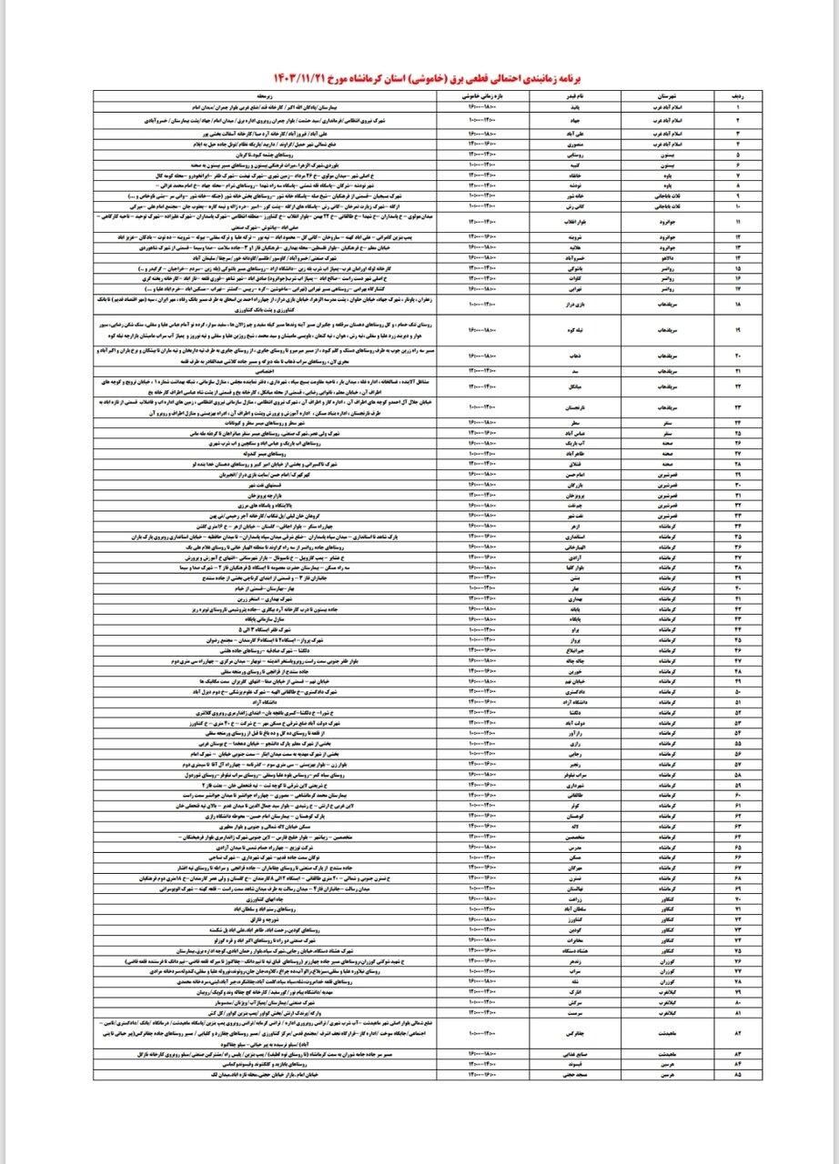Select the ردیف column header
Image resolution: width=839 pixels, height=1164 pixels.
[x=728, y=95]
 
